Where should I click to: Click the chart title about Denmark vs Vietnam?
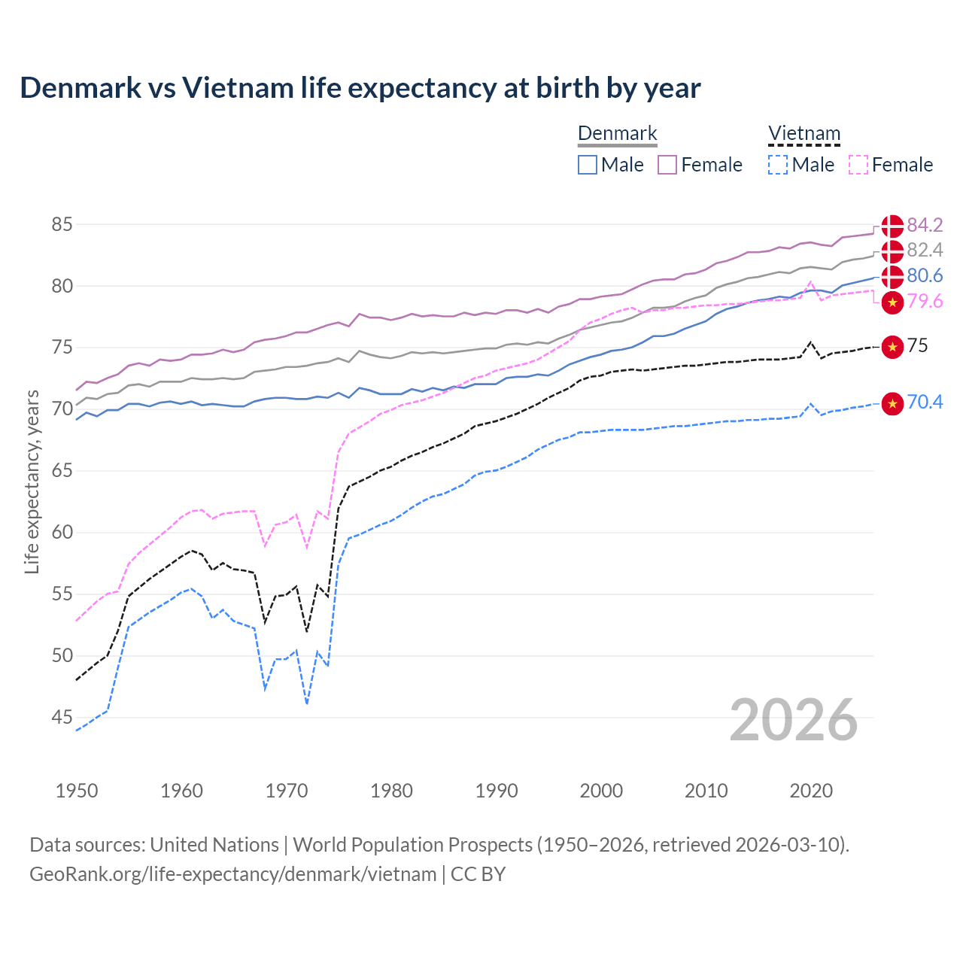tap(360, 88)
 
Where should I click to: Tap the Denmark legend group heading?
tap(618, 134)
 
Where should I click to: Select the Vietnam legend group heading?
tap(804, 134)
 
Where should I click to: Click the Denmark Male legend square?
tap(588, 165)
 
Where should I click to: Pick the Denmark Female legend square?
tap(667, 165)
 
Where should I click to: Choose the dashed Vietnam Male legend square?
tap(778, 165)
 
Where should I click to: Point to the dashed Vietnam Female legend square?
tap(858, 165)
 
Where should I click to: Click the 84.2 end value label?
tap(925, 225)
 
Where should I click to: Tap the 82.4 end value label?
tap(925, 250)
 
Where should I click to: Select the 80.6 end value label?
tap(925, 275)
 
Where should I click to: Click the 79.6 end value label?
tap(925, 302)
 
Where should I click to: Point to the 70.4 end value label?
tap(925, 403)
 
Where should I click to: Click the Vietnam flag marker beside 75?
tap(892, 347)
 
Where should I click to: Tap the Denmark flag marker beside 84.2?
tap(892, 226)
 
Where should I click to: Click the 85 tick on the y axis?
tap(62, 224)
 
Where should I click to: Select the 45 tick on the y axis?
tap(62, 718)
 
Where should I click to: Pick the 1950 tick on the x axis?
tap(77, 791)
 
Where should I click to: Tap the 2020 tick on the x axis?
tap(811, 791)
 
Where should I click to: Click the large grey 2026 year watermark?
tap(793, 720)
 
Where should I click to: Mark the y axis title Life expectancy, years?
tap(32, 481)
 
